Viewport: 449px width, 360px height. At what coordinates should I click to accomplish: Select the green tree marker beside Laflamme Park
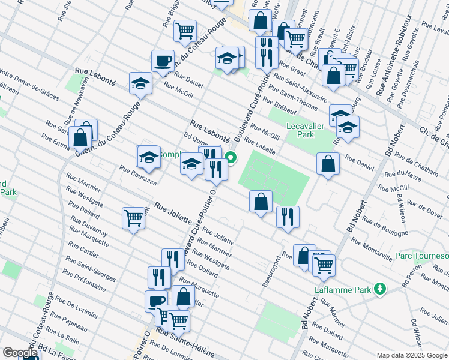379,289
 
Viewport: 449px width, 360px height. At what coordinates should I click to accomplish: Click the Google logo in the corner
19,353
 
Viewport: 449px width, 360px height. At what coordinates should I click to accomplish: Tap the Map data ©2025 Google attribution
411,355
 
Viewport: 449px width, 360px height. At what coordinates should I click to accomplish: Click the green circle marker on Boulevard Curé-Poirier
231,159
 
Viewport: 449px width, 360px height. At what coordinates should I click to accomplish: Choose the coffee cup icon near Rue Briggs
163,61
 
